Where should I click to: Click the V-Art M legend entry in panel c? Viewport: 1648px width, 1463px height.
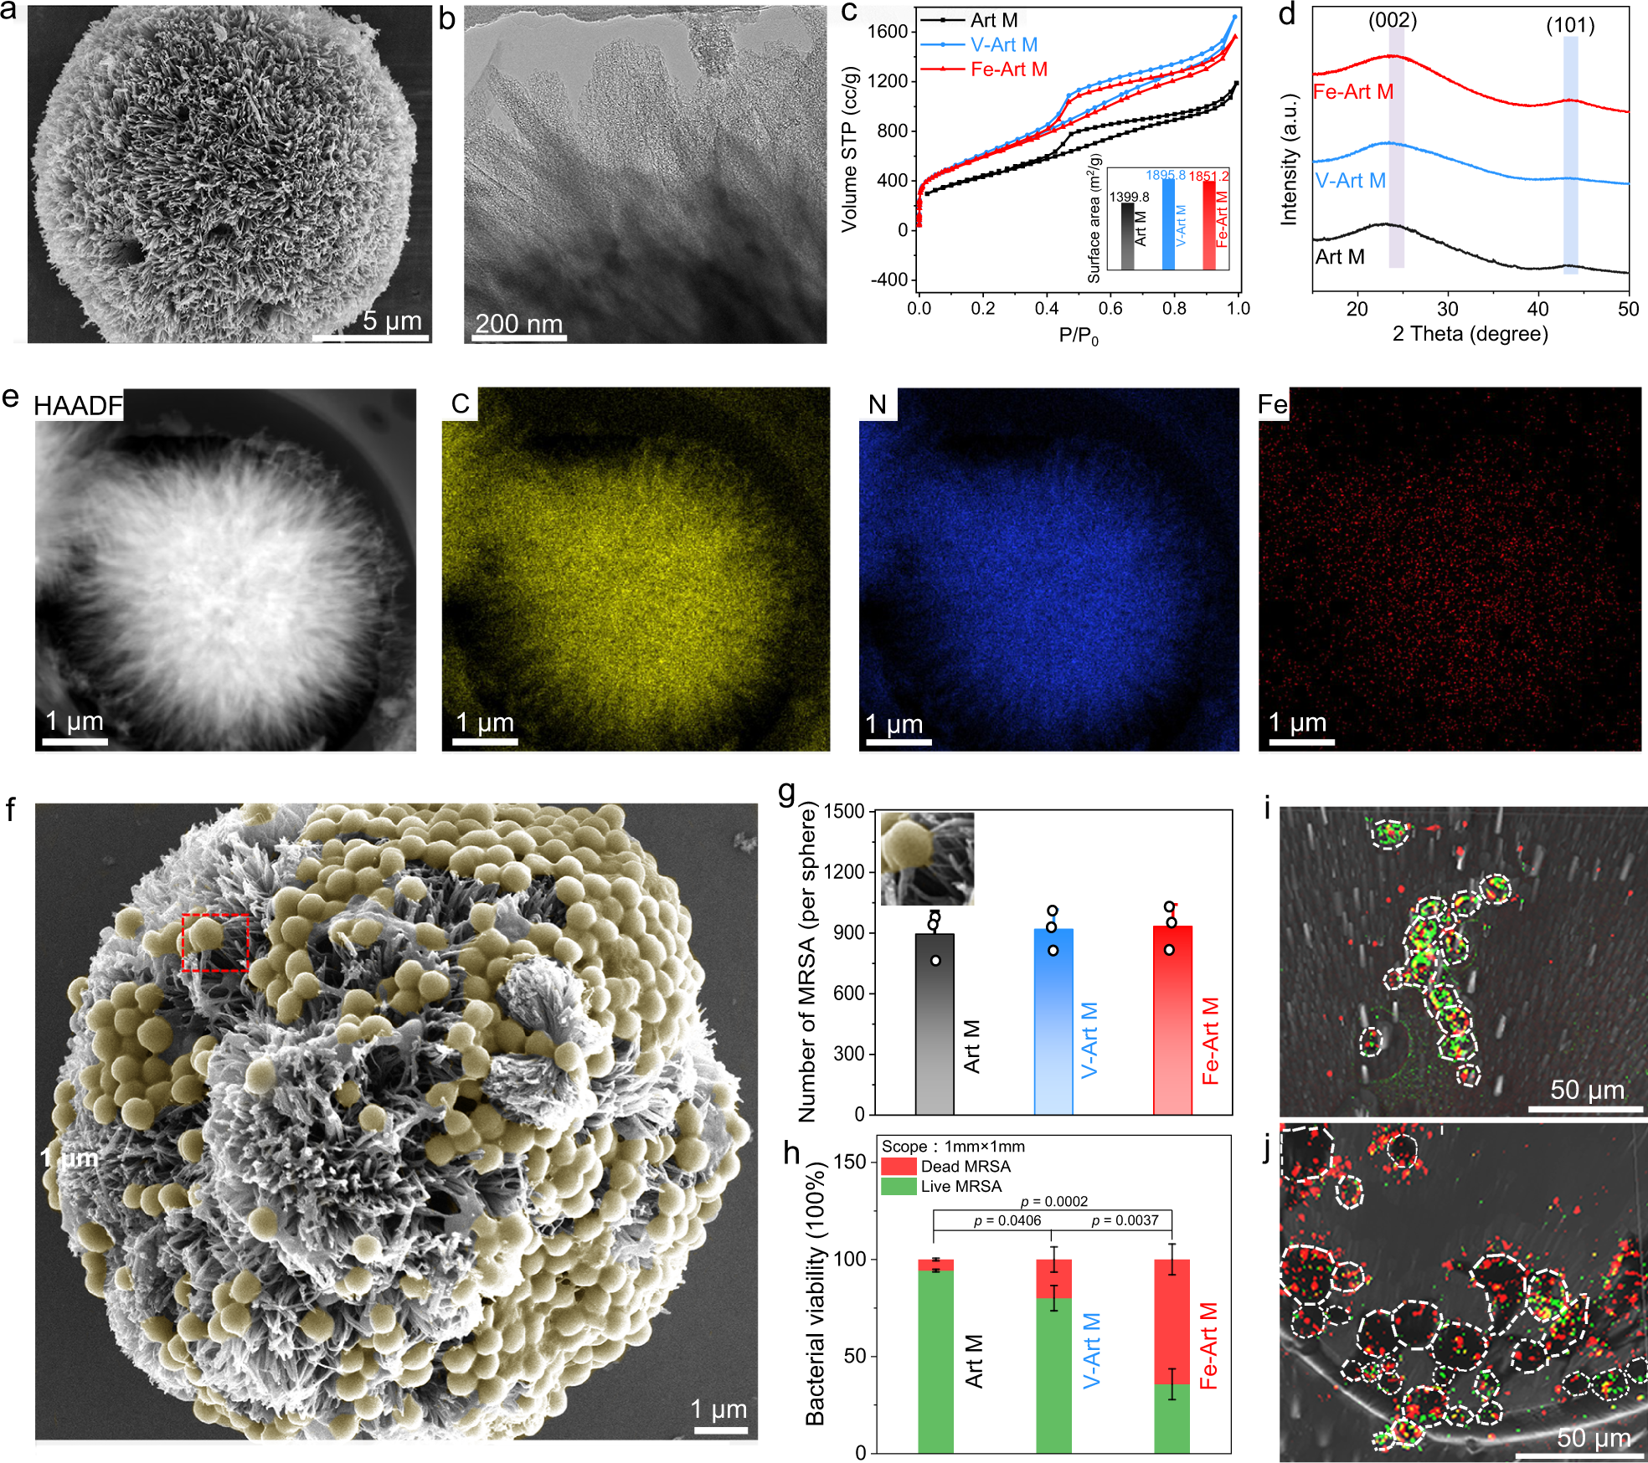[1003, 45]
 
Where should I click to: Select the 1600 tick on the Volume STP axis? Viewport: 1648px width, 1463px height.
[888, 32]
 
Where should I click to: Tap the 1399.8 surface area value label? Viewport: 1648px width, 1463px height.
[1129, 197]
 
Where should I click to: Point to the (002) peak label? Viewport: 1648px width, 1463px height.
[1393, 20]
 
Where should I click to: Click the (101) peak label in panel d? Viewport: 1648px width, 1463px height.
[1570, 25]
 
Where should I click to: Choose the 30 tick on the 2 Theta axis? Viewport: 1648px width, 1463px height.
[1448, 309]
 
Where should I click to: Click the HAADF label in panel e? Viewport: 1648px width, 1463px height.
[78, 406]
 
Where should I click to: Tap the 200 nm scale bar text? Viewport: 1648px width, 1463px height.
[519, 323]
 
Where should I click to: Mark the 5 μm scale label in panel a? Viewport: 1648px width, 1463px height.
[392, 321]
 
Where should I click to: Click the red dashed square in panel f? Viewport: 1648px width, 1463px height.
[216, 942]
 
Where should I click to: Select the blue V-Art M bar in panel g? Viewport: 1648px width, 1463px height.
[1053, 1021]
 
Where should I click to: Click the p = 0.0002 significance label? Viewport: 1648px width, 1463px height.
[1053, 1201]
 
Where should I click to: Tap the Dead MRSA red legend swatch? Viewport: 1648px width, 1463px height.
[899, 1166]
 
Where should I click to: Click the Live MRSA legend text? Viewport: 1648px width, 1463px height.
[960, 1186]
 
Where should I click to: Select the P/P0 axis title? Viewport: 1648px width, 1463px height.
[1078, 336]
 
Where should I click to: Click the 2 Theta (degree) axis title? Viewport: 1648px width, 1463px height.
[1470, 334]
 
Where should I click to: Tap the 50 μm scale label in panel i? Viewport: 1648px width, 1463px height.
[1587, 1090]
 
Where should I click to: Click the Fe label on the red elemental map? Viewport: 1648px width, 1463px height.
[1272, 405]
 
